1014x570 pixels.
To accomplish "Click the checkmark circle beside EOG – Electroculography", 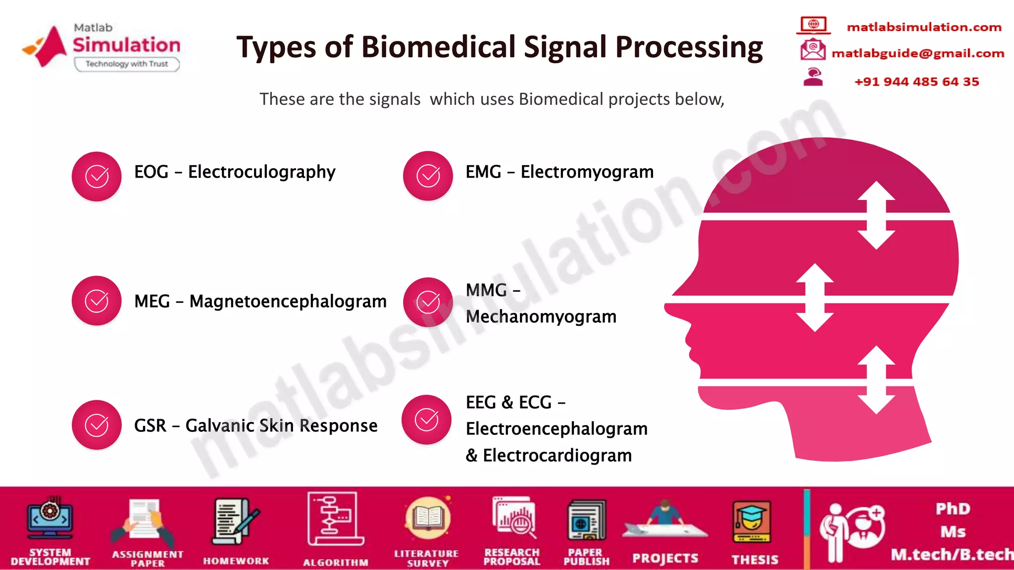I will [x=97, y=177].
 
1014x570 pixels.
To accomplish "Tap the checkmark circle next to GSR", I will [x=97, y=425].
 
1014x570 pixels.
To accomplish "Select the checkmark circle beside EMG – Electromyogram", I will [x=428, y=176].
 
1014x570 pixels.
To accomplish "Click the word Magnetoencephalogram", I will [x=288, y=301].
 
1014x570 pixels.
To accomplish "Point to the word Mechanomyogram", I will [x=541, y=317].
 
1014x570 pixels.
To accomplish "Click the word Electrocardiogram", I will [x=557, y=455].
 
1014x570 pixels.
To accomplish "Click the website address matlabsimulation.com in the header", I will [x=924, y=27].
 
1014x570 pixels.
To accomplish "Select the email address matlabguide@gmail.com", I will [x=917, y=53].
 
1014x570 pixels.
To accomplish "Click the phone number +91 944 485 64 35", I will [x=916, y=82].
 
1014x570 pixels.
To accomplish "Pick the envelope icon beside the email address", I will [x=812, y=49].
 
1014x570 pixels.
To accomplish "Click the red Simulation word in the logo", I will [x=127, y=45].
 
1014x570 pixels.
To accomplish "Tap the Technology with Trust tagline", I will [x=127, y=64].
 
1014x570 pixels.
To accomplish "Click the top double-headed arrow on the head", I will [x=876, y=215].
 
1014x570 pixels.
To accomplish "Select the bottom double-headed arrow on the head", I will [x=877, y=380].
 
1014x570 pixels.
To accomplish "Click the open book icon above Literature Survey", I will [x=428, y=518].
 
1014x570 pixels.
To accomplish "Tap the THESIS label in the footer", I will [x=755, y=560].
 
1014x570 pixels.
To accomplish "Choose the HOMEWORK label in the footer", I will [x=236, y=561].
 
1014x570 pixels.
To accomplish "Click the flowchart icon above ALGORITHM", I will [x=335, y=519].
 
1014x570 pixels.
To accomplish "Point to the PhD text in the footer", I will [x=953, y=509].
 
